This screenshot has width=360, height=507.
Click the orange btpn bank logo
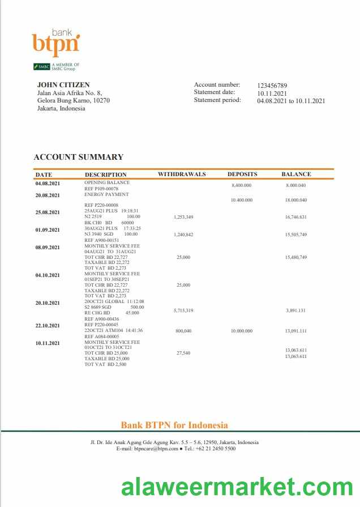point(55,41)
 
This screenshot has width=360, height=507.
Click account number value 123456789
point(272,85)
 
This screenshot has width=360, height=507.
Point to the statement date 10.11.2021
point(272,93)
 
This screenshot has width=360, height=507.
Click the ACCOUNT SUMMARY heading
point(78,157)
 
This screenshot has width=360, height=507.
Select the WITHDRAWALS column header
point(182,174)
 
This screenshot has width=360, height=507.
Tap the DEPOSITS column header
point(242,174)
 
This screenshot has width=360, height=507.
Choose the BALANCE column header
point(296,174)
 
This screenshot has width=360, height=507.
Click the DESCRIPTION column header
point(105,174)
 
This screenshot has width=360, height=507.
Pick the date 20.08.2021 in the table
point(48,195)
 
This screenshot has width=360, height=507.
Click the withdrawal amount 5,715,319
point(183,310)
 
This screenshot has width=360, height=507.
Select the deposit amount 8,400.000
point(242,186)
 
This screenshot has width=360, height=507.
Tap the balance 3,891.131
point(296,310)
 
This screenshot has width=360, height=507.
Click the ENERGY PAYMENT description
point(106,194)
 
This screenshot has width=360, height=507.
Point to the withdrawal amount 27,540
point(183,353)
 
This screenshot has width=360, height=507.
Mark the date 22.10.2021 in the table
point(48,326)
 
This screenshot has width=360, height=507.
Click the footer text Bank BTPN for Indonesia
point(174,425)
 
